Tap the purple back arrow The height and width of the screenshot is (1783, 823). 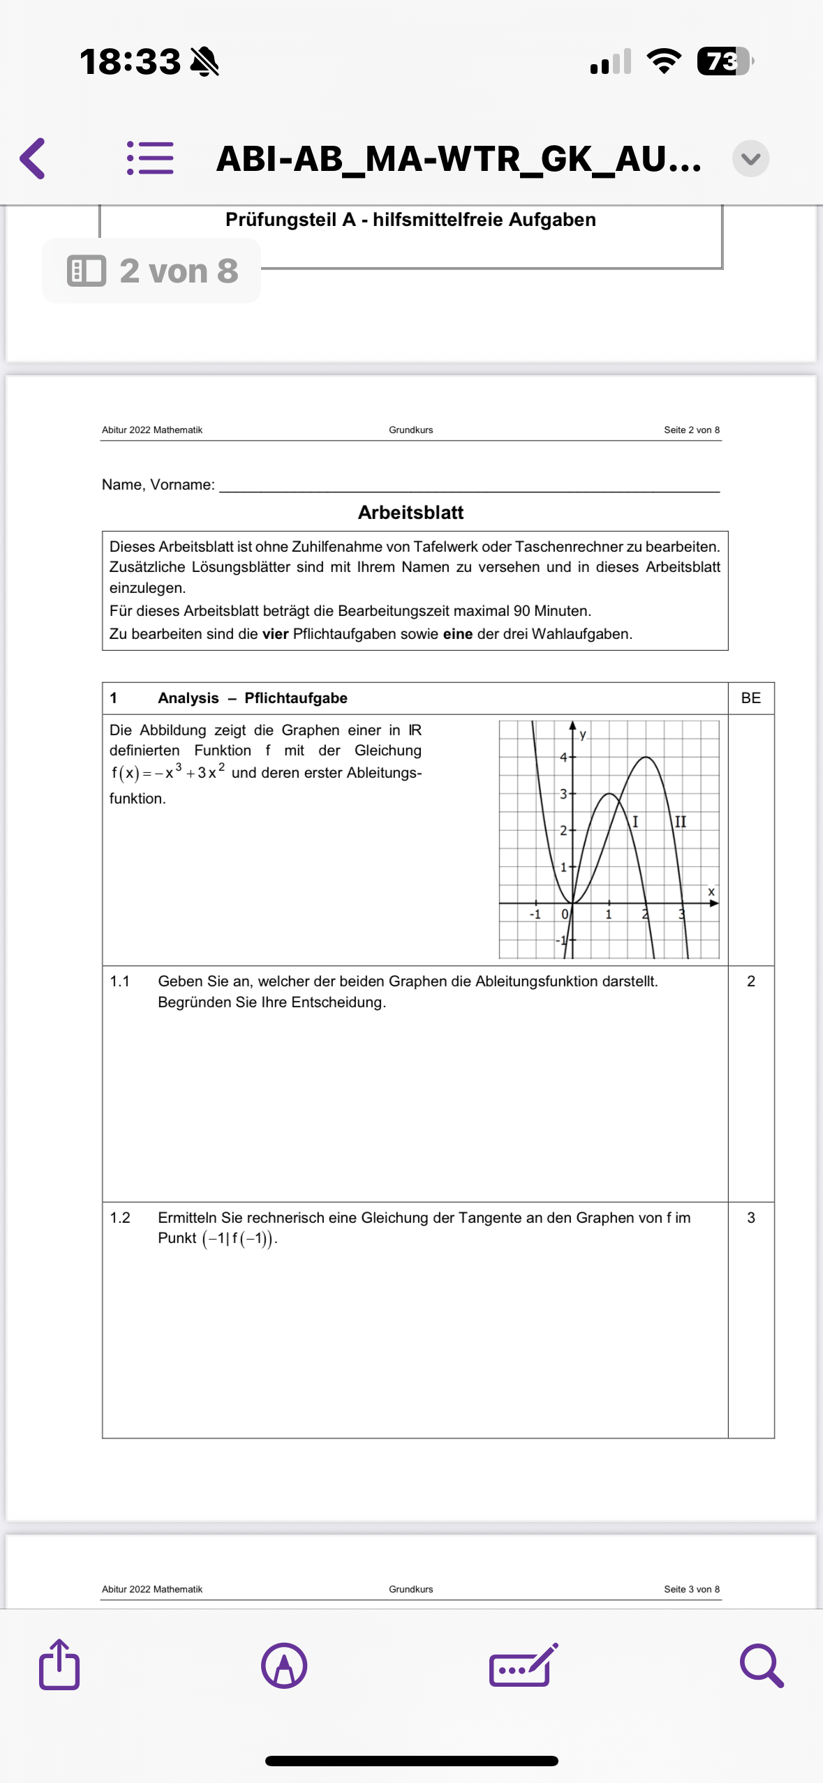click(x=33, y=158)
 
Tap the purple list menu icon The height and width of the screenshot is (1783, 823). click(x=150, y=158)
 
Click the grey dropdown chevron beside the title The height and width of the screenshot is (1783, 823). click(x=750, y=159)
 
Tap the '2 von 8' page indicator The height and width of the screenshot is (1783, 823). click(x=152, y=271)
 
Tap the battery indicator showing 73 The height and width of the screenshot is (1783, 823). click(x=724, y=61)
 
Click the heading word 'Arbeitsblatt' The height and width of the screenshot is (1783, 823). click(x=410, y=513)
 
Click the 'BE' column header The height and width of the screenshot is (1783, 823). click(x=750, y=698)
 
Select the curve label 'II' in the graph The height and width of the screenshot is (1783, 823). click(x=680, y=822)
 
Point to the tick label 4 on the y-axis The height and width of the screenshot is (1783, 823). click(x=563, y=757)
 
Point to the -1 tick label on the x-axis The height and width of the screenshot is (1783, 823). click(x=535, y=914)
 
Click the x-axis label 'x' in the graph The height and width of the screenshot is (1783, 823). click(x=711, y=891)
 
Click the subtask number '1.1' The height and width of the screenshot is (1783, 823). click(x=120, y=981)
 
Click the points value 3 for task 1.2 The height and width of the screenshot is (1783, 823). click(x=750, y=1218)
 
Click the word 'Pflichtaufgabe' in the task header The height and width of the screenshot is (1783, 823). click(x=296, y=698)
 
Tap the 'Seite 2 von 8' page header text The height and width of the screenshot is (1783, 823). click(x=691, y=430)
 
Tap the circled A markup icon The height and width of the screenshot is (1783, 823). click(x=284, y=1666)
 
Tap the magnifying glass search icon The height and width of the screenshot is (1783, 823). click(x=761, y=1666)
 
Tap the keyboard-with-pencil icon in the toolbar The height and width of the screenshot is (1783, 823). click(x=524, y=1666)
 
